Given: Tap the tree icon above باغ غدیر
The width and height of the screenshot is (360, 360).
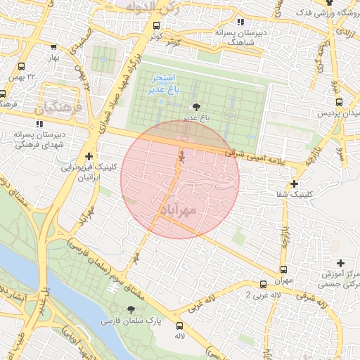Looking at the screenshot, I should (x=195, y=106).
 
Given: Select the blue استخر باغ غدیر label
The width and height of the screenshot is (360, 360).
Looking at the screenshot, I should (x=165, y=84).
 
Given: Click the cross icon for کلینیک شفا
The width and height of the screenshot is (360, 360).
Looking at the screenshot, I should (x=294, y=184).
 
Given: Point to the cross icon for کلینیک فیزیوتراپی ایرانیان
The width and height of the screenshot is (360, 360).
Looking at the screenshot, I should (x=89, y=155).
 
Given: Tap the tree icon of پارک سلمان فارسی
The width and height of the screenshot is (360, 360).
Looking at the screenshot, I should (x=131, y=309).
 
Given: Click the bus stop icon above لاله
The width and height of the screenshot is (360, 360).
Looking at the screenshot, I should (x=180, y=326).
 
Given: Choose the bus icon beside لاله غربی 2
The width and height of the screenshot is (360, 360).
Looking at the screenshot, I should (x=263, y=285).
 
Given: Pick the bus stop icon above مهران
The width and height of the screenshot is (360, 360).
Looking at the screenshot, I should (x=283, y=269).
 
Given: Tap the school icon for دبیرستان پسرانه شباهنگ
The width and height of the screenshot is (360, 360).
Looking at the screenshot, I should (x=241, y=22).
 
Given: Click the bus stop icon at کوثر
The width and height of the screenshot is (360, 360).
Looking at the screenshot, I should (x=155, y=25).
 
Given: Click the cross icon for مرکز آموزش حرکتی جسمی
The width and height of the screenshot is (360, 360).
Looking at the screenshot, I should (x=341, y=262).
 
